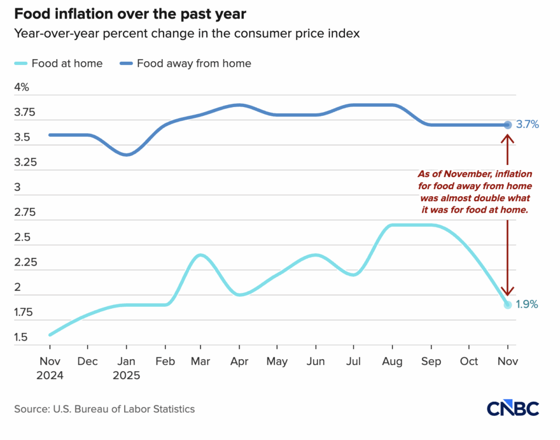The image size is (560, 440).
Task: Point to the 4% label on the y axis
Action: (x=22, y=87)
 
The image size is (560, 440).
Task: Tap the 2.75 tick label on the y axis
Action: (x=25, y=213)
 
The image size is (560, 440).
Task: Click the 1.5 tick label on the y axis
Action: (x=21, y=337)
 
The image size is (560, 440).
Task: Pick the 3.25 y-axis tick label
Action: (x=25, y=162)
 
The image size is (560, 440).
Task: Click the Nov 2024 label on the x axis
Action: (x=50, y=368)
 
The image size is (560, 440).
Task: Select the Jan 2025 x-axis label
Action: (x=126, y=368)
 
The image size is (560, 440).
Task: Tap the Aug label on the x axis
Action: (x=393, y=361)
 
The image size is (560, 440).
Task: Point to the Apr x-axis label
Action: (x=239, y=361)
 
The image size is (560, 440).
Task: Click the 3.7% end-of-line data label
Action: (x=527, y=125)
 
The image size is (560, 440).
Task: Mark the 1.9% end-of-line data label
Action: (x=527, y=304)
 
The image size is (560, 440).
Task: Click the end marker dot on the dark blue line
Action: (x=507, y=125)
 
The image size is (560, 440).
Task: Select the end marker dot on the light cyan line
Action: (x=507, y=304)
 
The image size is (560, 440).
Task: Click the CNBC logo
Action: (x=512, y=408)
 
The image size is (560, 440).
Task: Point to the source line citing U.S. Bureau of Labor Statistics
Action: (x=104, y=409)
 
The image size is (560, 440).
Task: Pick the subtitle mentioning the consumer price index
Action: (x=187, y=33)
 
